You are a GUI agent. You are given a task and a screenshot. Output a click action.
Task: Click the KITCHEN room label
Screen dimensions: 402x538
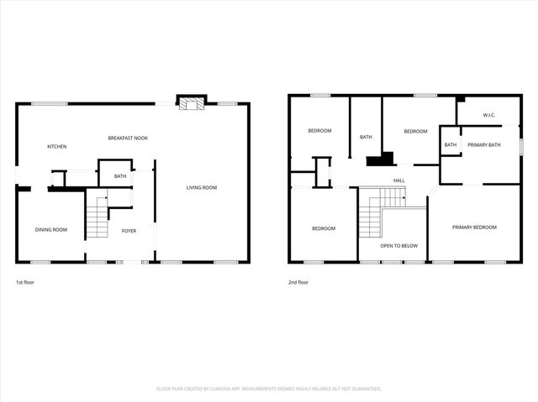point(56,147)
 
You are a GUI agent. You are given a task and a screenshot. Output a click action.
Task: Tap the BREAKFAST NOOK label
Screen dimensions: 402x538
point(128,138)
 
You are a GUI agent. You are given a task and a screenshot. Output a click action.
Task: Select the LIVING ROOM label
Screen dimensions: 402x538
point(202,187)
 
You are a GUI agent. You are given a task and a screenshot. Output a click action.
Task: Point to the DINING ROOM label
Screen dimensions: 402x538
point(50,230)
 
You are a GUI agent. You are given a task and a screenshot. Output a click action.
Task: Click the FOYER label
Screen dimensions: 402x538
point(129,231)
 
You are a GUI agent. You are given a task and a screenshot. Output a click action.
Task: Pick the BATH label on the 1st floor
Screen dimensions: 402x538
point(120,176)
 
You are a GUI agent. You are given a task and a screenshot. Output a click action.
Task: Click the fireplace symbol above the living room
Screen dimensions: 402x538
point(190,102)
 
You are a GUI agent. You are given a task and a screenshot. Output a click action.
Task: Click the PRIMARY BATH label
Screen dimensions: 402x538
point(484,145)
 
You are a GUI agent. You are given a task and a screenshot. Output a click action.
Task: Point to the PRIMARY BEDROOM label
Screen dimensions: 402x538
point(474,227)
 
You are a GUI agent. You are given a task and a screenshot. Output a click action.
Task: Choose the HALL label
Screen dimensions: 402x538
point(399,180)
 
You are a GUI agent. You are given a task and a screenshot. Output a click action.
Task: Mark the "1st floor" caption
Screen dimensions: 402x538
point(25,282)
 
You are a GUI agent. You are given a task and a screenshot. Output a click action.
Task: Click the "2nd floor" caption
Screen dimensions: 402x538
point(298,282)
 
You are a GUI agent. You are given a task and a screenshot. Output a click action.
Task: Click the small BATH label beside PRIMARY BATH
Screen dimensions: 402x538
point(451,145)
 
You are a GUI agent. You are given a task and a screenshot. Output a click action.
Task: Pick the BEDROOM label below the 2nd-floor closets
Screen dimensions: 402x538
point(324,228)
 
